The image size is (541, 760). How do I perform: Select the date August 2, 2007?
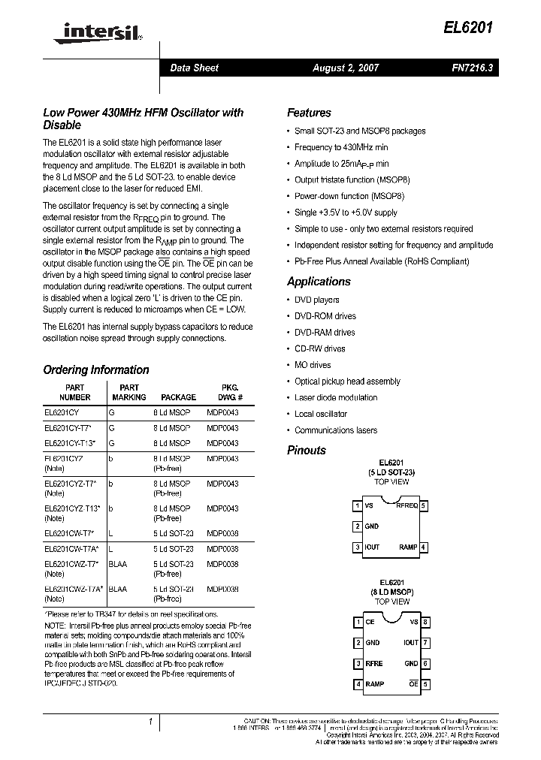(346, 68)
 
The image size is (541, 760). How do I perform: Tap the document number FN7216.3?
(472, 68)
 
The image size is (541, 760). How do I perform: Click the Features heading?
(309, 113)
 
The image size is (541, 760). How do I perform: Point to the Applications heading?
(319, 282)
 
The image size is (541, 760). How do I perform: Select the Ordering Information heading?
(96, 369)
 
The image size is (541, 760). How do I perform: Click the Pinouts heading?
(307, 451)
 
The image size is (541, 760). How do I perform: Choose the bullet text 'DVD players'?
(317, 300)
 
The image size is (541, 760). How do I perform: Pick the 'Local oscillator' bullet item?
(321, 414)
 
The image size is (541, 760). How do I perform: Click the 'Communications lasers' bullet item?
(336, 430)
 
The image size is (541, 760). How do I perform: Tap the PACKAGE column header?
(178, 397)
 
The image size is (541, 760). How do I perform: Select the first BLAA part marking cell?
(118, 564)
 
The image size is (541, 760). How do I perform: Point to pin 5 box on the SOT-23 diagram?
(425, 506)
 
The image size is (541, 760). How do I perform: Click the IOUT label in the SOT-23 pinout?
(373, 547)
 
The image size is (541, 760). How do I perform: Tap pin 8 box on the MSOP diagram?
(425, 622)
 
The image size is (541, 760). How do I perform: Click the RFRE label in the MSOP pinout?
(374, 664)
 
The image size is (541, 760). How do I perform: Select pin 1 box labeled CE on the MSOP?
(357, 622)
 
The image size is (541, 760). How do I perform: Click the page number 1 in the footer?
(151, 722)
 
